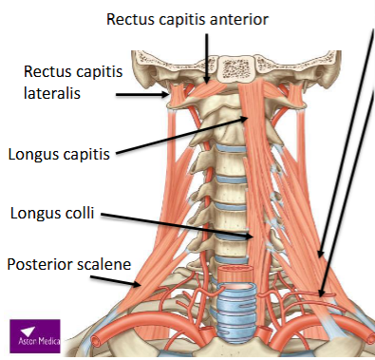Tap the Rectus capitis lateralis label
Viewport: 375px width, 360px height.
(x=66, y=82)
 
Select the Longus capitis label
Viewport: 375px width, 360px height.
(x=58, y=152)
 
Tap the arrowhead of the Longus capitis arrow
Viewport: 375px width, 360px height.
(x=249, y=119)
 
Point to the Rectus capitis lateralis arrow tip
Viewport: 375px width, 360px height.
(x=172, y=94)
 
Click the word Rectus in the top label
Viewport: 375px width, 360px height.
(x=130, y=18)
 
